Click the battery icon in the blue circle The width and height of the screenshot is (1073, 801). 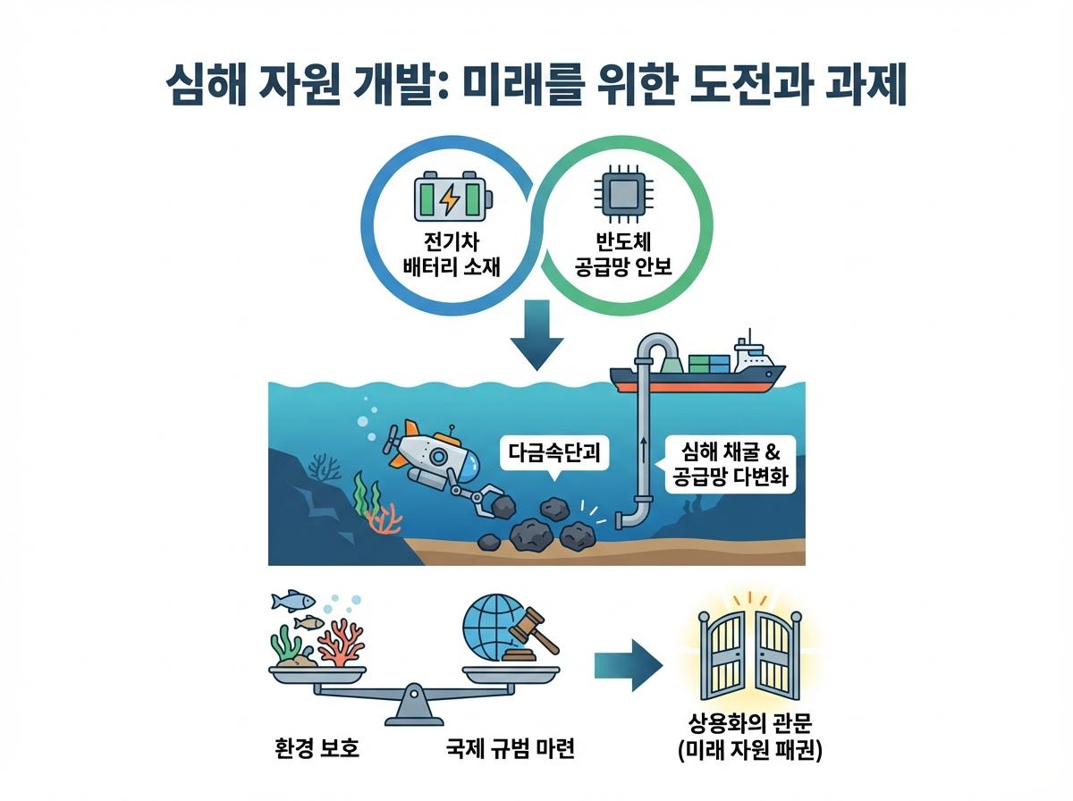click(452, 198)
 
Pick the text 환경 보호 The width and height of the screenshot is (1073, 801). click(317, 746)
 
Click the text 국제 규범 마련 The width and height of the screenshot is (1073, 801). click(511, 746)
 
